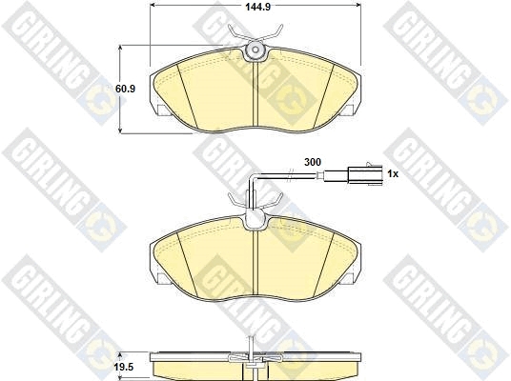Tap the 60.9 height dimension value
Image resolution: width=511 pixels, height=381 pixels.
(x=126, y=89)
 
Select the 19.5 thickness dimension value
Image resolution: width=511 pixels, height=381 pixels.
(x=125, y=368)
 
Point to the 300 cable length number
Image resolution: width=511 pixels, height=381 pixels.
(x=312, y=162)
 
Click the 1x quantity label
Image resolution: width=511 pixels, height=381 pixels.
(x=393, y=174)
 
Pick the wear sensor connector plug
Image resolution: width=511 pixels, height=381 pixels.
(x=365, y=174)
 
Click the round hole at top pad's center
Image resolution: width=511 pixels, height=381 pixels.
(x=255, y=50)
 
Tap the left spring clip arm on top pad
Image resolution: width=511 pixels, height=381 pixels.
(x=237, y=34)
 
